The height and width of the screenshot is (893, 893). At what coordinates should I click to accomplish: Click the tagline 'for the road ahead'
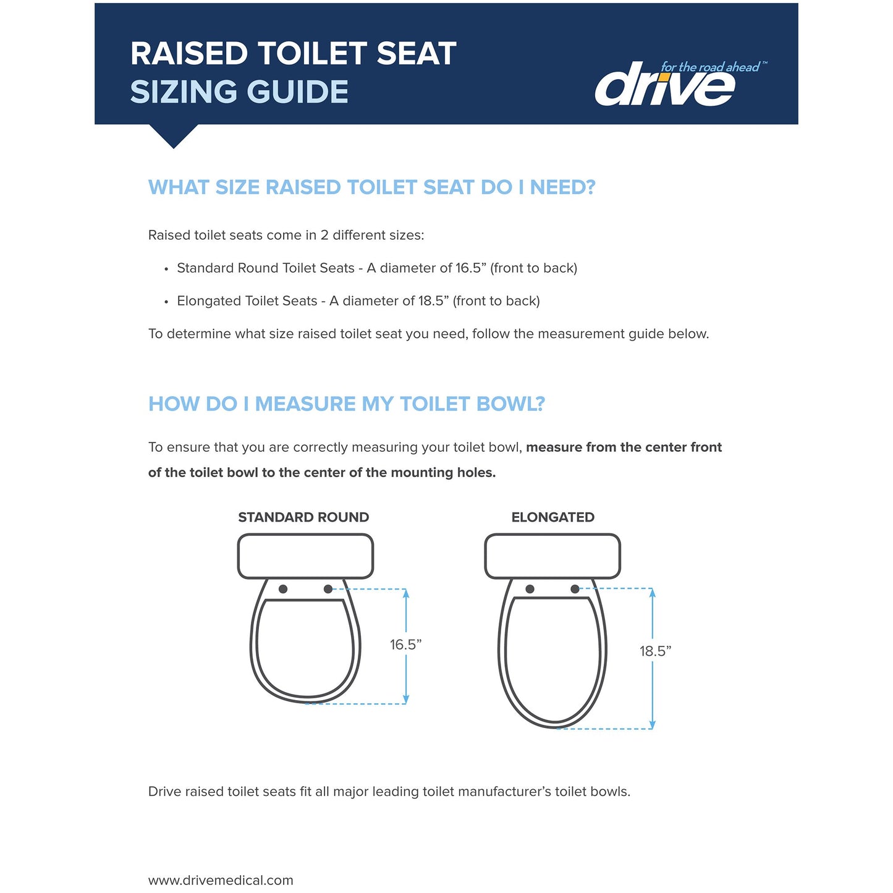pyautogui.click(x=710, y=67)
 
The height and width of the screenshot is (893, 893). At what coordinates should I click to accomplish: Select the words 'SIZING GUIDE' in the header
pyautogui.click(x=239, y=92)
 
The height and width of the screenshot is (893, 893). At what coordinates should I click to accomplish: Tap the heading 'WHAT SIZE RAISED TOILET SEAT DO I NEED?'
pyautogui.click(x=371, y=187)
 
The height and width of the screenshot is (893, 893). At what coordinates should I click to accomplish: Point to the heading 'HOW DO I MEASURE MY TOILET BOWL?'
pyautogui.click(x=346, y=404)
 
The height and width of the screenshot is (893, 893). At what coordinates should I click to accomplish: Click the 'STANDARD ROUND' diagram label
pyautogui.click(x=303, y=517)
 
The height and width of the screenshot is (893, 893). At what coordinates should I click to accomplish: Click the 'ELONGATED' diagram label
pyautogui.click(x=552, y=517)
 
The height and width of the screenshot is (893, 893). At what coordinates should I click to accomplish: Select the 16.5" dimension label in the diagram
pyautogui.click(x=405, y=645)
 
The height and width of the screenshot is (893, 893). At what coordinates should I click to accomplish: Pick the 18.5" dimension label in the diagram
pyautogui.click(x=655, y=651)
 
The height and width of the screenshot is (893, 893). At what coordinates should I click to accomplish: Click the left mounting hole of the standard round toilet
pyautogui.click(x=283, y=589)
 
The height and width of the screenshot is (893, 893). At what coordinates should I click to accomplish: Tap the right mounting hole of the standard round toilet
pyautogui.click(x=328, y=589)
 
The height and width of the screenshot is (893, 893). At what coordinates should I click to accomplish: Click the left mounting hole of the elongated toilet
pyautogui.click(x=530, y=589)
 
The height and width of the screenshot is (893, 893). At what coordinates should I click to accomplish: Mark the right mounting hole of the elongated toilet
pyautogui.click(x=575, y=589)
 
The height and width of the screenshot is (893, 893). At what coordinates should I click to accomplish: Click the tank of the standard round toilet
pyautogui.click(x=305, y=556)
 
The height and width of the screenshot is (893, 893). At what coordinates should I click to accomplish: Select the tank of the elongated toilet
pyautogui.click(x=552, y=556)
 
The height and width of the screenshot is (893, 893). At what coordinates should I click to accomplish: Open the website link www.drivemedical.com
pyautogui.click(x=221, y=880)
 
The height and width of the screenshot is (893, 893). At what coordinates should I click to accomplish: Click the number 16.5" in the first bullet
pyautogui.click(x=468, y=268)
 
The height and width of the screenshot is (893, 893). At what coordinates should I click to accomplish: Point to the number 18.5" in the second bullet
pyautogui.click(x=431, y=301)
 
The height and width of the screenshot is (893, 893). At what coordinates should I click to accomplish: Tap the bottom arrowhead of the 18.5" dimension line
pyautogui.click(x=653, y=724)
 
